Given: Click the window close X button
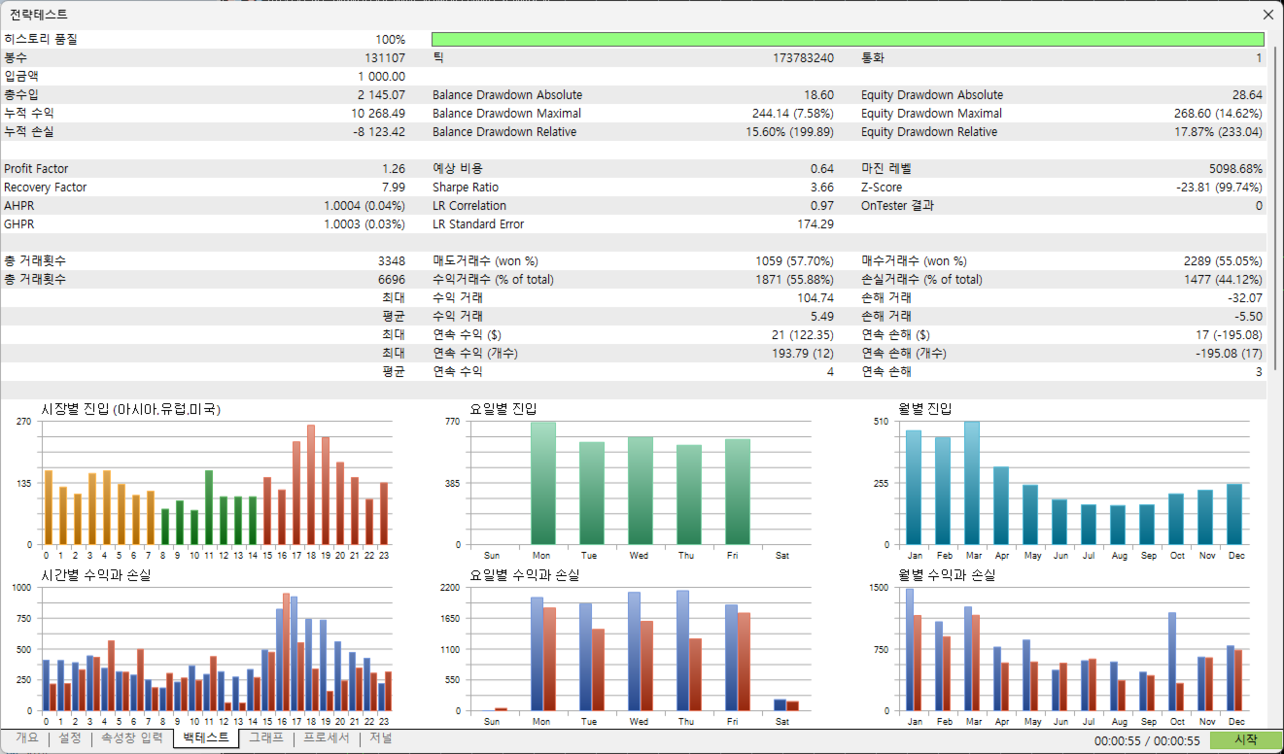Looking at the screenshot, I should click(x=1267, y=15).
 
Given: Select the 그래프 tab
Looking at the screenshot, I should click(x=266, y=738).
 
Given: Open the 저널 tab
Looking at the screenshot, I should click(x=380, y=738).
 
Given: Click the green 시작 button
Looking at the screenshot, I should click(x=1246, y=739).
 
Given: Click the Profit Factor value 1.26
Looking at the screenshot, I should click(x=394, y=169).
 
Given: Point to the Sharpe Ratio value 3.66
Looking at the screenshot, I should click(x=821, y=188).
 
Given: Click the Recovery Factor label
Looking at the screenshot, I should click(x=45, y=188).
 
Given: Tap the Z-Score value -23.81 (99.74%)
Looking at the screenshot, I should click(x=1219, y=188).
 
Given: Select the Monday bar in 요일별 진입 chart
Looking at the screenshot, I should click(x=543, y=483).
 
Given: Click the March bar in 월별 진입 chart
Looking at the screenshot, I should click(x=972, y=483).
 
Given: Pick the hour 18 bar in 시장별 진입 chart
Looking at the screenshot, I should click(x=311, y=485).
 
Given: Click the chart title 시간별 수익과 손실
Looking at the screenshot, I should click(x=95, y=576).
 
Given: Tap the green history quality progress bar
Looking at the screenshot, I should click(x=848, y=40).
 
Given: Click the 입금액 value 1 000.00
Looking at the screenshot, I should click(x=381, y=77).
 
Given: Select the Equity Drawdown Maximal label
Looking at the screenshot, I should click(x=931, y=114).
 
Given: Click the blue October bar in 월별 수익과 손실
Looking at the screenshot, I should click(x=1172, y=661).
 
